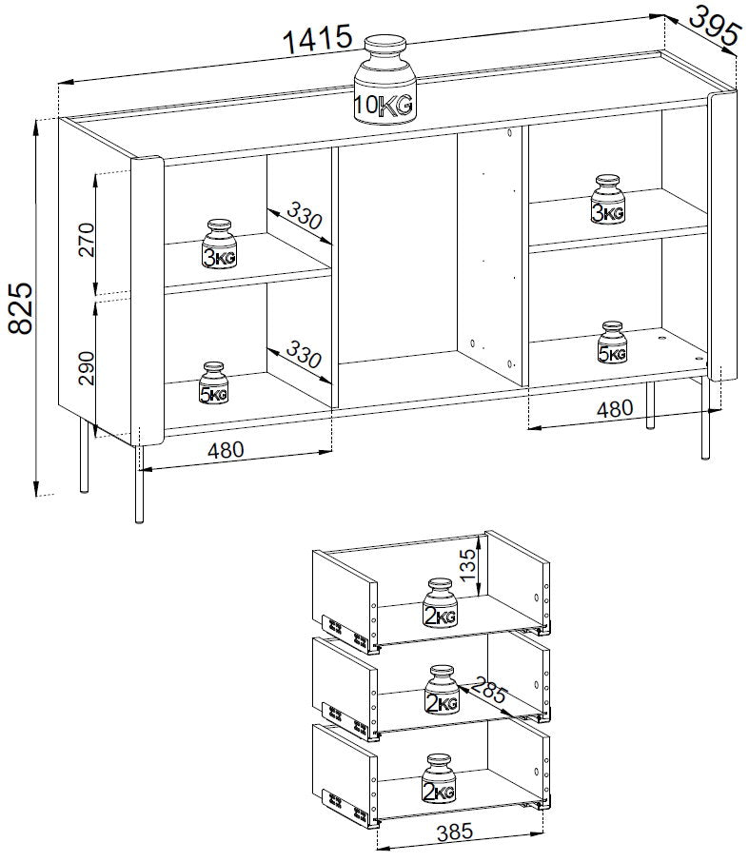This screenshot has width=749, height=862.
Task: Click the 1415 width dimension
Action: [317, 38]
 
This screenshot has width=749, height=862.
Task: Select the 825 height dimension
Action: [22, 308]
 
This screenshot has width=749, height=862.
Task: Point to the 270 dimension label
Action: [87, 240]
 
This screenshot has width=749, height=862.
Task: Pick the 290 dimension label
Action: [87, 368]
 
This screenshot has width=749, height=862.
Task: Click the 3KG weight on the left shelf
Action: [219, 245]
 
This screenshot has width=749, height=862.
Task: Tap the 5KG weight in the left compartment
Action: [213, 382]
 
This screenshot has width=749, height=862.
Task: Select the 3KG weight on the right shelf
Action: [607, 199]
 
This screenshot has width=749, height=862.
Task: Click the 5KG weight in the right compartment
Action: [612, 343]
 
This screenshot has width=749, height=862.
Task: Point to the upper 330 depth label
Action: [305, 216]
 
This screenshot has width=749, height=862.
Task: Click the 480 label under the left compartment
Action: [226, 450]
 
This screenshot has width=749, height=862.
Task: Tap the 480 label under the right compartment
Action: [615, 408]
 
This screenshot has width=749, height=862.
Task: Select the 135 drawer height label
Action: [467, 565]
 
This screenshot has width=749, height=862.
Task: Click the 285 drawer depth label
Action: [488, 690]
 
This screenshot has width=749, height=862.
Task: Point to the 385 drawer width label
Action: [455, 832]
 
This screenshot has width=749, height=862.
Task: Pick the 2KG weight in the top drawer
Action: [440, 602]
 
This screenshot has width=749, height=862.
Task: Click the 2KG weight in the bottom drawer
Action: [439, 778]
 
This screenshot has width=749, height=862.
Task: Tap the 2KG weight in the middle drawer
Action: [442, 690]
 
